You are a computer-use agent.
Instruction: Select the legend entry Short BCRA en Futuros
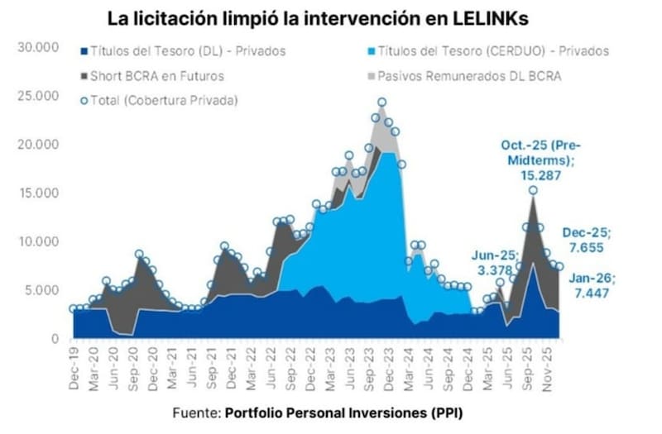(x=157, y=75)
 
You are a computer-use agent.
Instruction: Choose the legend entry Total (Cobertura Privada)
(x=161, y=100)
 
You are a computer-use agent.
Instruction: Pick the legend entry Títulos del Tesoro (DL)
(x=183, y=50)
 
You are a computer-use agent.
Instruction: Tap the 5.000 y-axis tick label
(x=41, y=290)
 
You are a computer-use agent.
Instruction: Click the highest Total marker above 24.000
(x=382, y=103)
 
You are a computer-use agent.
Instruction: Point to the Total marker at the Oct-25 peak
(x=533, y=190)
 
